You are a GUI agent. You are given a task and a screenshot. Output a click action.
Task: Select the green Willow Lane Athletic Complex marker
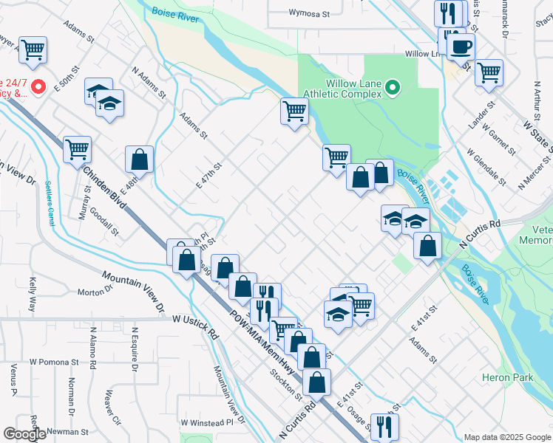pos(393,89)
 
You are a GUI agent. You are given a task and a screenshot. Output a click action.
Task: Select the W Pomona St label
pos(54,363)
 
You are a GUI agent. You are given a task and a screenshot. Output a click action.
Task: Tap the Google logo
pos(24,434)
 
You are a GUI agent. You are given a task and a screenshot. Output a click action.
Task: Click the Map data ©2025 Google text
pos(506,437)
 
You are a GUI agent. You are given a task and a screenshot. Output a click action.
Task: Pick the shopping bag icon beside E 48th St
pos(139,159)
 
